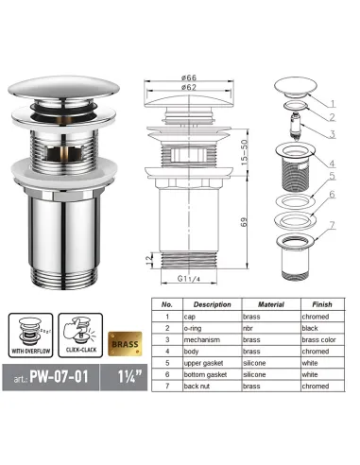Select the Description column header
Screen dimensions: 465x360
pos(212,304)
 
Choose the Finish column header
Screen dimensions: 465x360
pos(321,304)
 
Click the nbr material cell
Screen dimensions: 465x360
pos(255,327)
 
